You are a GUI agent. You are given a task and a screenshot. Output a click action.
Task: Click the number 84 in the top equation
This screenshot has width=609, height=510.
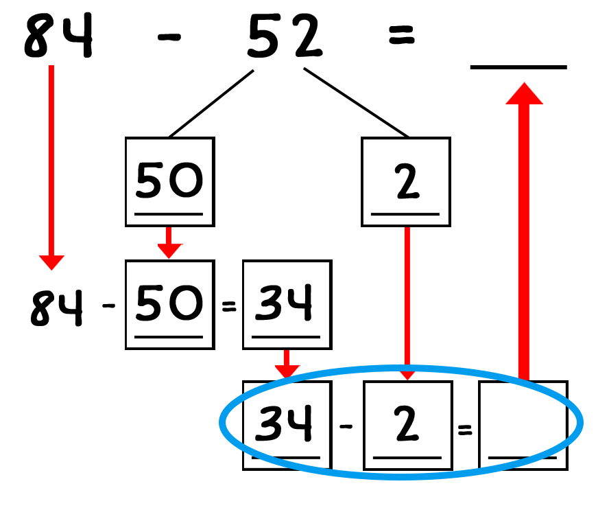click(x=58, y=36)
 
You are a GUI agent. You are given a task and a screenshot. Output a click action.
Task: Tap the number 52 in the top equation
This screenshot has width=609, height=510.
click(x=285, y=36)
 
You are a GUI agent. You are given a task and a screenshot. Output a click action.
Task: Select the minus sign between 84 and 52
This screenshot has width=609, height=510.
click(x=169, y=37)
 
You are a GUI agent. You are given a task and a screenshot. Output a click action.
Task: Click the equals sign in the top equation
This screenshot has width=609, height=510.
click(x=402, y=35)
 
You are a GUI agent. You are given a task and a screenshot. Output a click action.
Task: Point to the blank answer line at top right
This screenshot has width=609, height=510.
click(x=518, y=67)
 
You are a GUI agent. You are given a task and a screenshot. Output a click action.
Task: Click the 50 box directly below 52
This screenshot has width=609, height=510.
click(x=170, y=181)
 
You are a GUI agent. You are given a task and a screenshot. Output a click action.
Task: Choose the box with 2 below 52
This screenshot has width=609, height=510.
click(x=406, y=181)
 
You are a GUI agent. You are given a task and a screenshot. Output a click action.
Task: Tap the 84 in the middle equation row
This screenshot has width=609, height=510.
click(x=57, y=307)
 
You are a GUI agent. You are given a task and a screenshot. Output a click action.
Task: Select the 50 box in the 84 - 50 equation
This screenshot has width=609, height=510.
click(x=170, y=305)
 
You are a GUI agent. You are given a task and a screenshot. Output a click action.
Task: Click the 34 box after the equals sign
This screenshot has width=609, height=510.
click(x=287, y=305)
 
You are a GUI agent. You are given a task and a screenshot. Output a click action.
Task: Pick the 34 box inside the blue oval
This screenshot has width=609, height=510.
click(x=287, y=426)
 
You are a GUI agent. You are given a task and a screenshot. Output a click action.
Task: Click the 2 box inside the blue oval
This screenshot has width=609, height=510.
click(x=408, y=426)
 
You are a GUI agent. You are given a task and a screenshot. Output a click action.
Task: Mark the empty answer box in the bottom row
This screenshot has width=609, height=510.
click(x=523, y=426)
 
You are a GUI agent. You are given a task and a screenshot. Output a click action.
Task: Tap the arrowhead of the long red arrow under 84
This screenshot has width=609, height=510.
click(x=51, y=263)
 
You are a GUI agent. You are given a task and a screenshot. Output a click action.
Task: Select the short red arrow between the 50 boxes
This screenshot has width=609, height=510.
click(x=169, y=242)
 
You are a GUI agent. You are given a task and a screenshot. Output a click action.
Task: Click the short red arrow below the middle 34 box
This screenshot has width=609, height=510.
click(x=287, y=364)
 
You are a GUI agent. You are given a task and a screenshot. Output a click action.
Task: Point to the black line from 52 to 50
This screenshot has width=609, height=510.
click(x=212, y=104)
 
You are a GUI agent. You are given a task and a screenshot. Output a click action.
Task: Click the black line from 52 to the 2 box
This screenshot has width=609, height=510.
click(x=356, y=103)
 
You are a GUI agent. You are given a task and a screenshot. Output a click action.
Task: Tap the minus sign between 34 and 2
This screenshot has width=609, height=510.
click(x=346, y=426)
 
